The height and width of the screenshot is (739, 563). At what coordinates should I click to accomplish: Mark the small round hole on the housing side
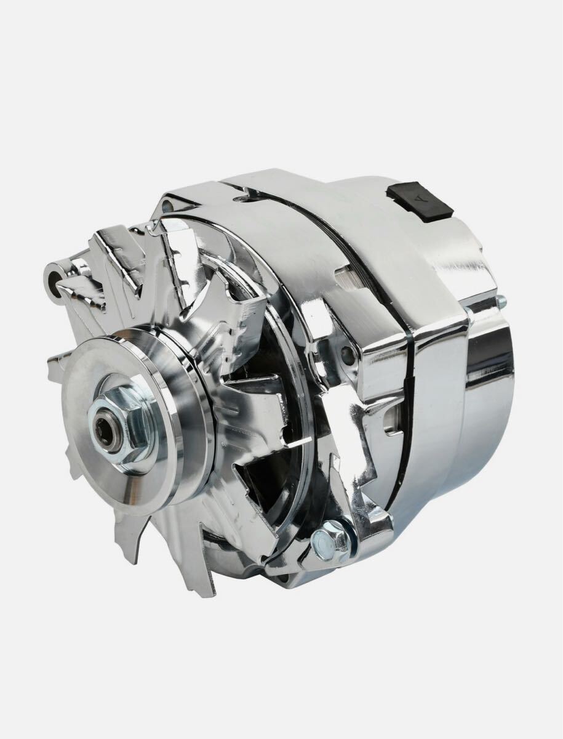coord(346,354)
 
